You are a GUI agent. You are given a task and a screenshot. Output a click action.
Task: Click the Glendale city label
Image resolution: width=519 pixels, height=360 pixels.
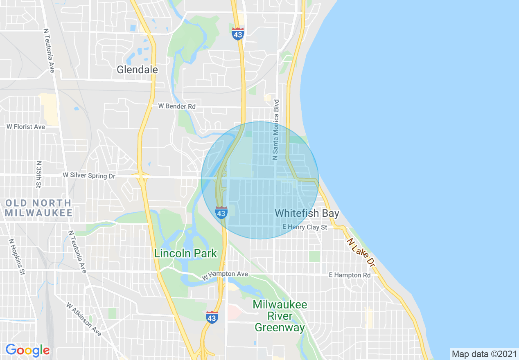coord(137,70)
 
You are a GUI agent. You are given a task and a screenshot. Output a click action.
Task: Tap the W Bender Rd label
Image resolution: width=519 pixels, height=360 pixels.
coord(177,106)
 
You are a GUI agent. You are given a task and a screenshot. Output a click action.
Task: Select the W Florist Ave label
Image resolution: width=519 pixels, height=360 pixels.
coord(26,127)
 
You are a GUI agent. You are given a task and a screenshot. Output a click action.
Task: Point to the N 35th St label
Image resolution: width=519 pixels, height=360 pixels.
coord(39,174)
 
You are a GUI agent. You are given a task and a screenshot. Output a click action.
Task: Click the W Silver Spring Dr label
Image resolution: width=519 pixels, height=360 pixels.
coord(89,175)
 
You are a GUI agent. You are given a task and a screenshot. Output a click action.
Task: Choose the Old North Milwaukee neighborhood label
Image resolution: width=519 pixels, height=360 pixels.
coord(38,208)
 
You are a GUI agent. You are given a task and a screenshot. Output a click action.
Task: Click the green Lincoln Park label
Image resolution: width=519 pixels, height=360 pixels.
coord(185,253)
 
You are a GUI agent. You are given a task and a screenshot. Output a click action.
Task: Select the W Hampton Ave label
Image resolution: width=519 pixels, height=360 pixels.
coord(225,275)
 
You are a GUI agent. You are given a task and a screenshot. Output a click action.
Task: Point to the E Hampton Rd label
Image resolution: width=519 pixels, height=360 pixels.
coord(350,275)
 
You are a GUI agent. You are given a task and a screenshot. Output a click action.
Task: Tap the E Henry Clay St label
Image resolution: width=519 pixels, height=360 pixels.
coord(305,227)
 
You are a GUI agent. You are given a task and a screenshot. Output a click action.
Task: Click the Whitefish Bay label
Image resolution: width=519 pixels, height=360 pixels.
coord(307,213)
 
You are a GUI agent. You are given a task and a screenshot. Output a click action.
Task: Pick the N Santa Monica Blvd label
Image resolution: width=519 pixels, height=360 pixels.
coord(276,130)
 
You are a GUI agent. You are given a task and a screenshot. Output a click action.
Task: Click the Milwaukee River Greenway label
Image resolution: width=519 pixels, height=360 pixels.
coord(280,316)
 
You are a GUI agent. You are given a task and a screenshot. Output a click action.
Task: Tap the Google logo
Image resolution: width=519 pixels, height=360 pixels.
coord(27,350)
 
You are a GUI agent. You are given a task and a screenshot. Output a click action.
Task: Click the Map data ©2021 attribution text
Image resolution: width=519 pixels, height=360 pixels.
coord(484,354)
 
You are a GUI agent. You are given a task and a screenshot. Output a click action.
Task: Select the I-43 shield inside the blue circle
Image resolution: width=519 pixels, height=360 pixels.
coord(221,213)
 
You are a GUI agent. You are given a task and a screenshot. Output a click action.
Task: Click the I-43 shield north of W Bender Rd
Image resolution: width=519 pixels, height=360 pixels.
coord(237,34)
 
